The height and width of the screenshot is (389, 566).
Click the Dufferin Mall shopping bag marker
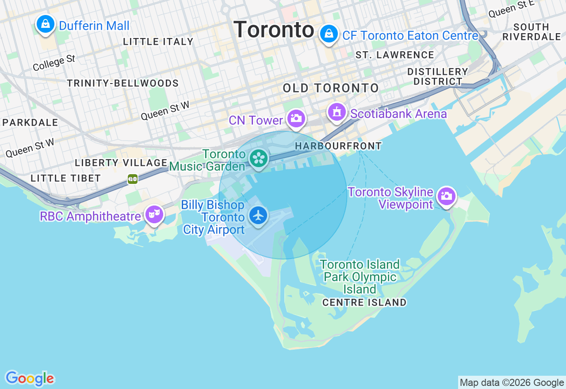click(x=46, y=24)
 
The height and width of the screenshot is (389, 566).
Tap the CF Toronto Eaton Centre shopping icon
click(x=329, y=34)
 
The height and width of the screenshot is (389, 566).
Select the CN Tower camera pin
click(x=296, y=118)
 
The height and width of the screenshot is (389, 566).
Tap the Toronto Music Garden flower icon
click(x=259, y=158)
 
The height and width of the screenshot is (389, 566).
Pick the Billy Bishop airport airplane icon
click(x=258, y=215)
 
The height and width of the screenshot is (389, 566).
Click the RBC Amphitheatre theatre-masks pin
click(x=154, y=214)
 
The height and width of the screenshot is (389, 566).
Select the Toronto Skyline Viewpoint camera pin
click(x=446, y=196)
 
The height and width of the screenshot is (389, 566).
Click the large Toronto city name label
click(x=274, y=30)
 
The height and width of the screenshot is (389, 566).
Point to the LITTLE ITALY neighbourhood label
click(x=158, y=42)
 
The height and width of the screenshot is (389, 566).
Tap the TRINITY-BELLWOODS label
click(x=123, y=83)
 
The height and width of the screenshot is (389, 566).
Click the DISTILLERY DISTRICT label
click(x=437, y=76)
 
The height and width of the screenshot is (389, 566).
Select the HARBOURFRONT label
click(x=338, y=146)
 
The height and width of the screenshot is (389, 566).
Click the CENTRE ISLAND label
click(x=364, y=302)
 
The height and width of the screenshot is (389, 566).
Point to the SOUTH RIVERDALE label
click(x=532, y=32)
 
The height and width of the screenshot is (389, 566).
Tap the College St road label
click(x=54, y=63)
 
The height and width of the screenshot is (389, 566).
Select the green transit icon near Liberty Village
click(x=133, y=179)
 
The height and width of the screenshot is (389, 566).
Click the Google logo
click(x=30, y=378)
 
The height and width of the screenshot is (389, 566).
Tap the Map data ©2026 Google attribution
click(x=512, y=383)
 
